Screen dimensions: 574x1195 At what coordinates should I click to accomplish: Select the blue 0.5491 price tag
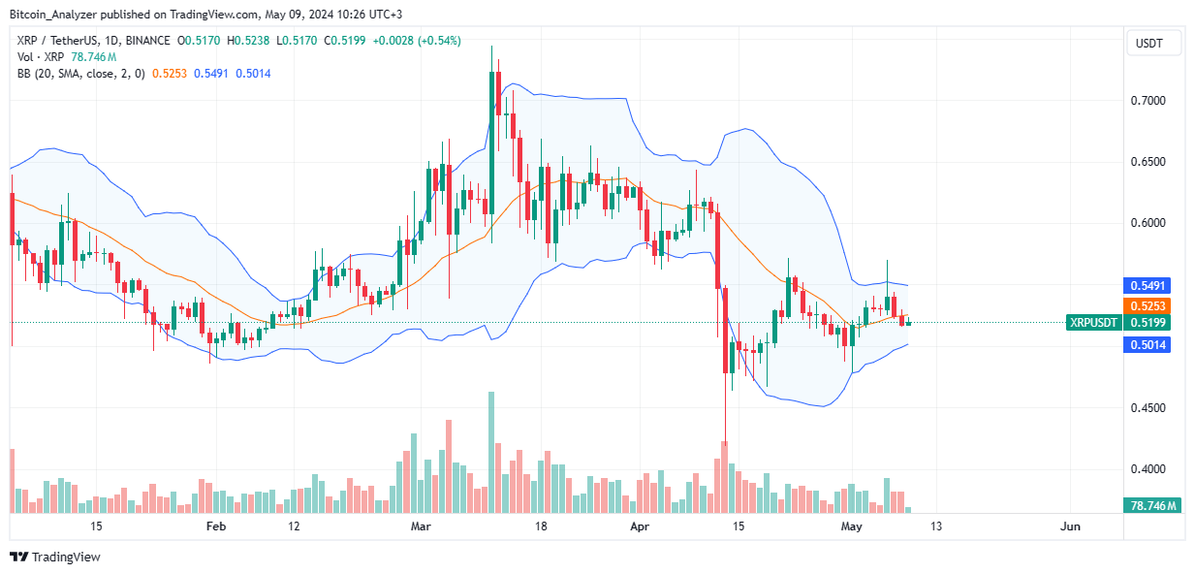pyautogui.click(x=1148, y=286)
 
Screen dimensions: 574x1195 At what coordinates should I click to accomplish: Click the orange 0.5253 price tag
pyautogui.click(x=1148, y=305)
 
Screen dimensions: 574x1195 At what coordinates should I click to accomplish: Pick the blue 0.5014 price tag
pyautogui.click(x=1148, y=344)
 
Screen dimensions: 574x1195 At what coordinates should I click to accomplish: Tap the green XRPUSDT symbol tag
pyautogui.click(x=1092, y=323)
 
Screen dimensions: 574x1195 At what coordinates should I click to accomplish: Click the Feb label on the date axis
pyautogui.click(x=216, y=526)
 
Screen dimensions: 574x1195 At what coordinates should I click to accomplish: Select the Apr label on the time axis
pyautogui.click(x=639, y=526)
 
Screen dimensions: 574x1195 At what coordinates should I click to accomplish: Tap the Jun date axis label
pyautogui.click(x=1070, y=526)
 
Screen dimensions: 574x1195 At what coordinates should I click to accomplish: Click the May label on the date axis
pyautogui.click(x=852, y=526)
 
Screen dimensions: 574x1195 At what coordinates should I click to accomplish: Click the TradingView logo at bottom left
pyautogui.click(x=55, y=558)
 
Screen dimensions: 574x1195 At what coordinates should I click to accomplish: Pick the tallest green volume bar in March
pyautogui.click(x=491, y=452)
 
